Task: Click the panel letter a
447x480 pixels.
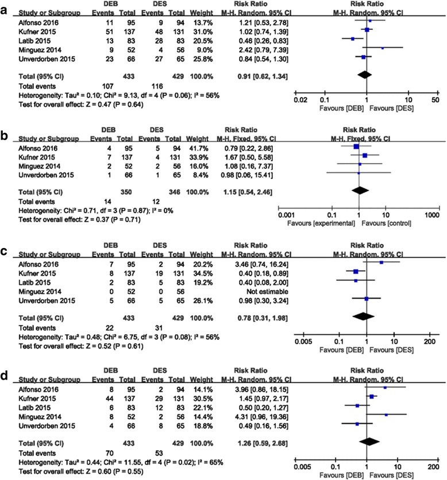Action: coord(5,5)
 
